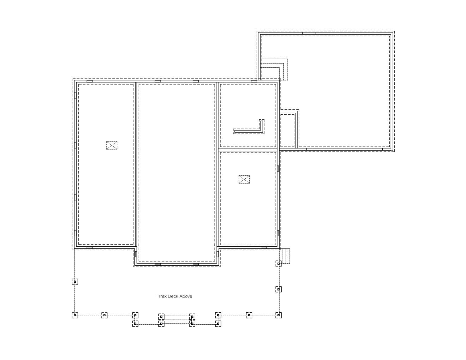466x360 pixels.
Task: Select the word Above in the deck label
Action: coord(186,296)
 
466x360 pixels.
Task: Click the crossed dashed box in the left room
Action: coord(112,145)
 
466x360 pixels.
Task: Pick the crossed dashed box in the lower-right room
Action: coord(244,179)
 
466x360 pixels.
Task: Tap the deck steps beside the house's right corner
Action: coord(285,256)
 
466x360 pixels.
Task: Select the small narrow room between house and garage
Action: coord(287,130)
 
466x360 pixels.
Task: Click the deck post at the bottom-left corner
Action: coord(75,315)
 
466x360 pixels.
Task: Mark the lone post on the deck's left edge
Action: coord(75,282)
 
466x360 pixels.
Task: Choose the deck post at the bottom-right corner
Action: coord(279,315)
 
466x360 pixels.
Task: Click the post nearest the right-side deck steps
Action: coord(279,264)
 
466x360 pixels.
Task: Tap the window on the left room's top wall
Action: coord(90,81)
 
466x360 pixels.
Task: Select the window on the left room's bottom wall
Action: coord(90,247)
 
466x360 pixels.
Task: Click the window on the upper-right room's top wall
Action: coord(254,81)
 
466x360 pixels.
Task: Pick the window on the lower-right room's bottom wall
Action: coord(264,247)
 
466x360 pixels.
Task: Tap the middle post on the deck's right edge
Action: coord(279,289)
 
